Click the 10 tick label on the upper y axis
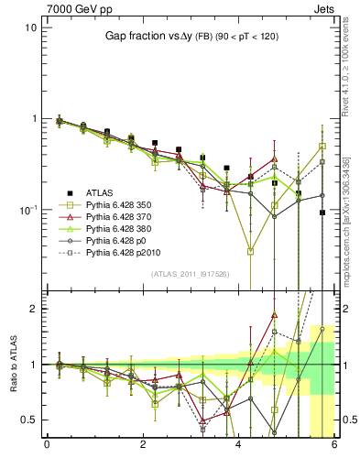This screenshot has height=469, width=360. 30,27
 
